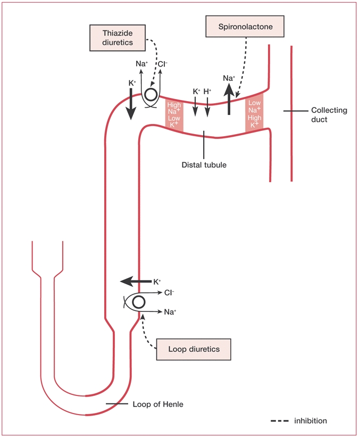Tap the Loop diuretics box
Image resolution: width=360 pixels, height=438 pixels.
tap(194, 349)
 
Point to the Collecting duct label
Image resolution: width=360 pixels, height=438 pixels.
tap(329, 115)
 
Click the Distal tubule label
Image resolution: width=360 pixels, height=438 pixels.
tap(204, 165)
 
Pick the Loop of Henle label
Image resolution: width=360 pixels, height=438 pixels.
tap(158, 404)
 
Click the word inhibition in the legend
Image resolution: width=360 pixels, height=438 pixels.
tap(311, 420)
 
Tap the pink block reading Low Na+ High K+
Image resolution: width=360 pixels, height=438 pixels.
tap(255, 114)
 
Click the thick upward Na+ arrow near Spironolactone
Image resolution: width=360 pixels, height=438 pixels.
tap(229, 101)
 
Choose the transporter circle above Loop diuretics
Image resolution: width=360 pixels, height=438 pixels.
tap(138, 302)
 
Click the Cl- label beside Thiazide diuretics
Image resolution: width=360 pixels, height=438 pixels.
tap(162, 64)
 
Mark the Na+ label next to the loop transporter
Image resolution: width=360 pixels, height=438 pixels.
tap(170, 311)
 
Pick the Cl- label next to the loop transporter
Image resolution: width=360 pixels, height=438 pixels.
tap(169, 292)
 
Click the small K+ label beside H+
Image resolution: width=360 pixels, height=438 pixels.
tap(196, 92)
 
